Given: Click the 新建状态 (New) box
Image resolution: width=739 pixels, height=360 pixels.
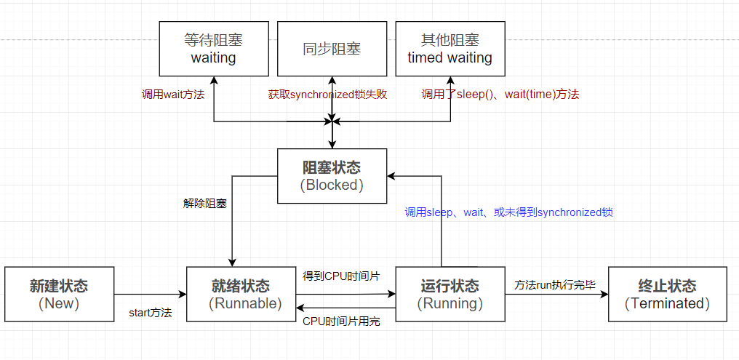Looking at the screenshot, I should click(x=59, y=294).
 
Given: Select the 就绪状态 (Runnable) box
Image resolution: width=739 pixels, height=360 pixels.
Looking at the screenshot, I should click(x=241, y=294).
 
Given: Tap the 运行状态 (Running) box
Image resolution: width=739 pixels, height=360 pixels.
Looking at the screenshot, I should click(x=450, y=294).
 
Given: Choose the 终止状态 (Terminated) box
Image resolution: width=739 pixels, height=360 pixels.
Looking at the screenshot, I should click(x=667, y=294).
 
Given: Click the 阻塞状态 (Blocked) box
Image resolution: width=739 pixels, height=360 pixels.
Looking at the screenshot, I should click(x=332, y=176).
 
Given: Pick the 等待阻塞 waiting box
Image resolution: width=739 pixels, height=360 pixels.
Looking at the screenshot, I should click(x=214, y=48).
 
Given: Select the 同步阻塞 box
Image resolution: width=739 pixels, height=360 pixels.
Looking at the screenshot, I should click(x=332, y=48).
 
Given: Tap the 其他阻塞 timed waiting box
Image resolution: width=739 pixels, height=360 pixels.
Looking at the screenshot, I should click(x=450, y=48).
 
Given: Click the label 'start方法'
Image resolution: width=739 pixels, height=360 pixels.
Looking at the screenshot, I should click(x=150, y=313).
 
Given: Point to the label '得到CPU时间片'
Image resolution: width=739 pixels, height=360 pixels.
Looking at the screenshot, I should click(x=341, y=276).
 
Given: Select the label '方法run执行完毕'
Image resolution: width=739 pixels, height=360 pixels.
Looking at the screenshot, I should click(x=555, y=284).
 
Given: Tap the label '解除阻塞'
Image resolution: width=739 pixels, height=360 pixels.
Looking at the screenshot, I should click(x=204, y=203).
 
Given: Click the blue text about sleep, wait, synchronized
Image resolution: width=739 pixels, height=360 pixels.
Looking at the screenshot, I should click(x=508, y=212).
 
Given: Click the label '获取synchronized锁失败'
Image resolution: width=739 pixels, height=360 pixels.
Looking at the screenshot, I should click(x=331, y=94).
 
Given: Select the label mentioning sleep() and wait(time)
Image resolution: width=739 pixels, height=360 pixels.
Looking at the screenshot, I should click(x=500, y=94).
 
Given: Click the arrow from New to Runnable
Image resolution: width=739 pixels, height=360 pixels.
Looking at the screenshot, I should click(x=150, y=294).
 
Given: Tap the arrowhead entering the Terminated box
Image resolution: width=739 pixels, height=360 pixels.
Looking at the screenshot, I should click(x=603, y=294).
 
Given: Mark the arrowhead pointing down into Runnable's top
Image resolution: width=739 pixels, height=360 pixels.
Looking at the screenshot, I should click(x=232, y=262).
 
